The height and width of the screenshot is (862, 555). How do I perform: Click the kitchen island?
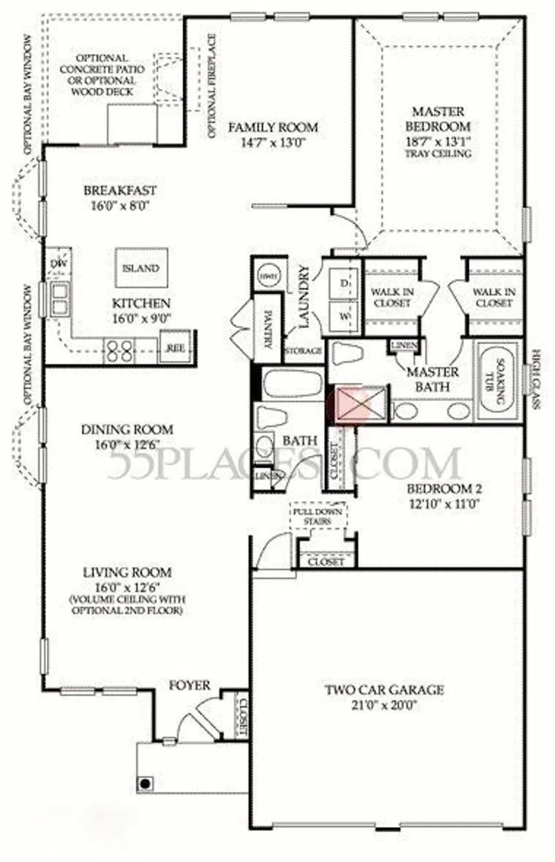coord(141,268)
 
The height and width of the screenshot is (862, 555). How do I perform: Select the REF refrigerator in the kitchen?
coord(174,347)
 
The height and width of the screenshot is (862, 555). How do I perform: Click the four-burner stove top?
coord(119,351)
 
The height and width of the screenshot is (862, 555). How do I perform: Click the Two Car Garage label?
coord(384,690)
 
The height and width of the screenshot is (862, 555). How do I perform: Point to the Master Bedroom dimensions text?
coord(438,141)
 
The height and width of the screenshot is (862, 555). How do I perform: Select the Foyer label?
coord(190,685)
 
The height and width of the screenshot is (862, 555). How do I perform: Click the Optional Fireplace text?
coord(212,86)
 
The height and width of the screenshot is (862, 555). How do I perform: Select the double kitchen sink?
coord(59,299)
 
